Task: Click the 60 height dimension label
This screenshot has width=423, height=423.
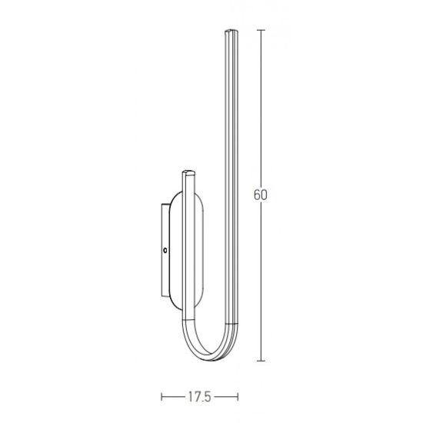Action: (x=260, y=195)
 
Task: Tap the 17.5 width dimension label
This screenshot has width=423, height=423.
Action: (x=199, y=397)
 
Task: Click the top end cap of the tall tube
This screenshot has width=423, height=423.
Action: (x=231, y=32)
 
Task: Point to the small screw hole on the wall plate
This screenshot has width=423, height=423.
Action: (x=165, y=251)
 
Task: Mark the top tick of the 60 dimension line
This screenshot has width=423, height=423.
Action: (x=261, y=30)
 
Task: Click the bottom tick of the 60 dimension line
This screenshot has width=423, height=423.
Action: (x=261, y=361)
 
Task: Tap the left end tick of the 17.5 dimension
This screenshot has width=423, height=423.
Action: (x=162, y=397)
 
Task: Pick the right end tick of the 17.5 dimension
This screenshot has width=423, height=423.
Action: (x=238, y=397)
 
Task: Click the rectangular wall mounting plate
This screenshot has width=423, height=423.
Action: (x=165, y=251)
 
